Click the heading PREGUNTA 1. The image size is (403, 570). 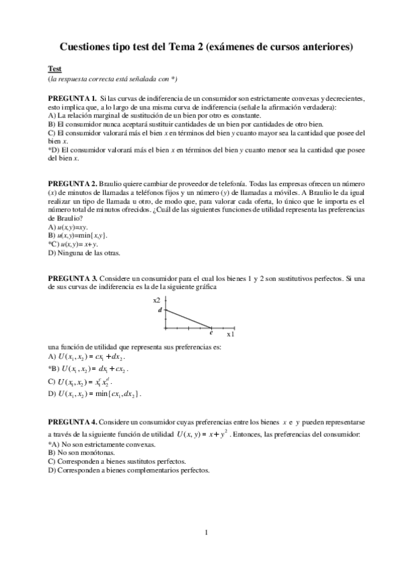pos(72,98)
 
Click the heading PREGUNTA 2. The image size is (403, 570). pos(72,183)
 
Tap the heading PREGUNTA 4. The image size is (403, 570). pos(72,421)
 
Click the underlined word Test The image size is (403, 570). pos(54,69)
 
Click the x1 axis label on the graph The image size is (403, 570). pos(230,333)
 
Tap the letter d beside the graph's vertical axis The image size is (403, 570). pos(159,310)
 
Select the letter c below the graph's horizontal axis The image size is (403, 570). pos(211,333)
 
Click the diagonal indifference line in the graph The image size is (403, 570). pos(188,318)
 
